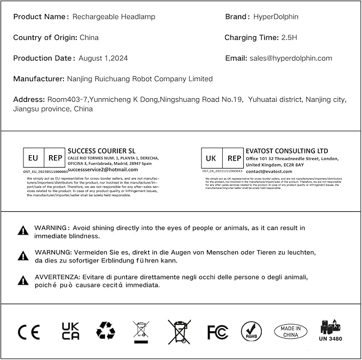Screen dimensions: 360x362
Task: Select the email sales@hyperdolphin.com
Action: point(291,58)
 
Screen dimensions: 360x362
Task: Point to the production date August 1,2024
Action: point(103,58)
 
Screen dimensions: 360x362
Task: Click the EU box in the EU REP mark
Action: point(34,158)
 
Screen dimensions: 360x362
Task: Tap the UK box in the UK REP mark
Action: point(211,158)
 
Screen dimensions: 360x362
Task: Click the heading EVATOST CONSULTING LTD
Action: point(287,151)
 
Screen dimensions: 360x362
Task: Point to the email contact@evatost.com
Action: point(269,172)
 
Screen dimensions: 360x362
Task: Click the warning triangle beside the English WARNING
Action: point(23,230)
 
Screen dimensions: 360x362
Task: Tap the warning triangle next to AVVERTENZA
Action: point(23,281)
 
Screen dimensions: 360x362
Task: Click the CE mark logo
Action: point(29,332)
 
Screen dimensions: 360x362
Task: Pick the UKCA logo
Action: point(70,331)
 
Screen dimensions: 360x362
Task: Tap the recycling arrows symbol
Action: point(106,331)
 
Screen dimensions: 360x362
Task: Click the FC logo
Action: point(218,332)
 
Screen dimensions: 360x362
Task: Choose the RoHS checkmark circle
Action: point(251,331)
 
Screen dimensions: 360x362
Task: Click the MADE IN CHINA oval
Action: point(291,331)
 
